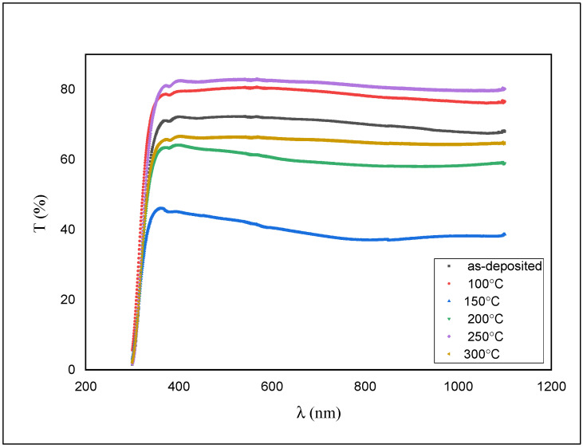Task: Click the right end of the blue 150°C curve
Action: click(x=504, y=235)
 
